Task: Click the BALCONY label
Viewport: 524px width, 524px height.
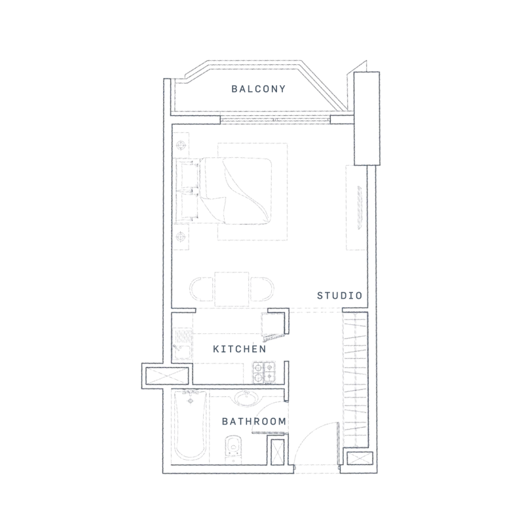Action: click(x=259, y=89)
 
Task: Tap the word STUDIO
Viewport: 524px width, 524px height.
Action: click(x=339, y=295)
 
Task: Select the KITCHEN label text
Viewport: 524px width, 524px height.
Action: click(x=239, y=350)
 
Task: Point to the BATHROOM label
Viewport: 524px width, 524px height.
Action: click(x=253, y=421)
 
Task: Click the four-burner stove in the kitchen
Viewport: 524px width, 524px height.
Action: click(x=265, y=372)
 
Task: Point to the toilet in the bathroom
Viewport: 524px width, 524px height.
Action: click(x=231, y=451)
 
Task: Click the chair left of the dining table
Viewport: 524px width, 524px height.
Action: click(x=201, y=289)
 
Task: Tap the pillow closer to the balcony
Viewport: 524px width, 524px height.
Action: click(x=191, y=173)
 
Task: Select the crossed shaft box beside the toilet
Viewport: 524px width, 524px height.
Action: click(x=277, y=453)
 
